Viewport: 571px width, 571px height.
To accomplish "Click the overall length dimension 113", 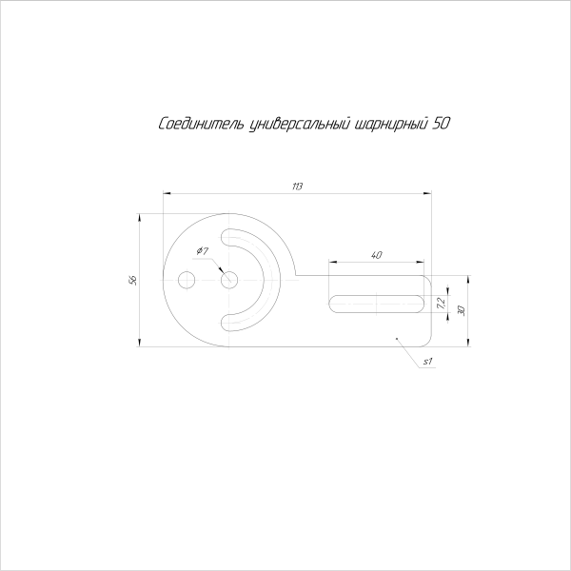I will click(x=297, y=185).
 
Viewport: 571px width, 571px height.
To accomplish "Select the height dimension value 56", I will click(x=133, y=280).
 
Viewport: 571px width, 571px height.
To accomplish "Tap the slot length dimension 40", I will click(x=377, y=254).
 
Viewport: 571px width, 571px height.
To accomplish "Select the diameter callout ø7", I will click(x=203, y=250).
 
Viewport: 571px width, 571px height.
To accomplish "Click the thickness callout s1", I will click(x=428, y=361).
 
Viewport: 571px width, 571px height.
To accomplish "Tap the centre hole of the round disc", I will click(x=228, y=280).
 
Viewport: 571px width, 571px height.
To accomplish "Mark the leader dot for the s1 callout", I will click(x=395, y=336).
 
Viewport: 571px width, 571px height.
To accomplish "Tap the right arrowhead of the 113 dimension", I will click(x=428, y=192).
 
